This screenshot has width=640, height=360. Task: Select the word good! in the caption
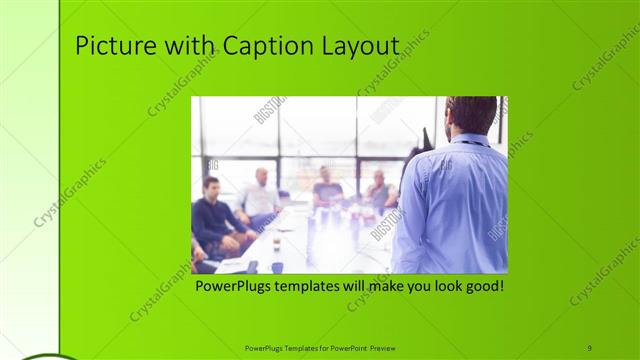482,286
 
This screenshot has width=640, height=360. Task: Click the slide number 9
589,347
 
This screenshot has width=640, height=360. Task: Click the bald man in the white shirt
260,195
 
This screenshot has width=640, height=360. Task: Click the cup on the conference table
276,243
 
